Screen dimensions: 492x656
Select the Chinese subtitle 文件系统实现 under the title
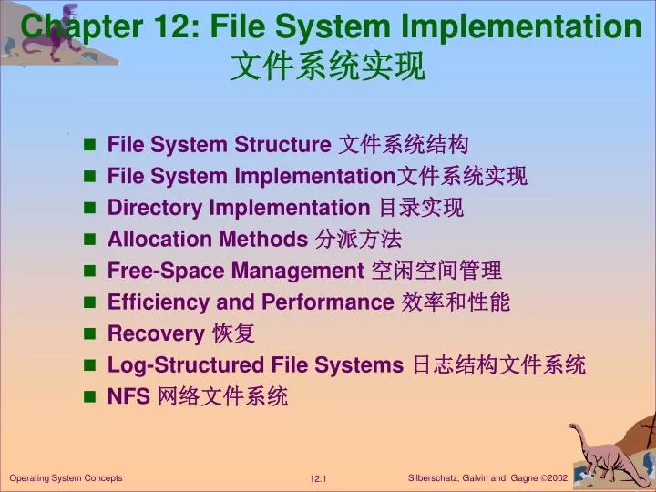click(328, 67)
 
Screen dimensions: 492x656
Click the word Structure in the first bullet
click(282, 145)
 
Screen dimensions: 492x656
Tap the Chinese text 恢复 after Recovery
click(233, 333)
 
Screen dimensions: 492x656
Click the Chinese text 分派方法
click(357, 240)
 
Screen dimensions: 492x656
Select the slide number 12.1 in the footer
click(318, 479)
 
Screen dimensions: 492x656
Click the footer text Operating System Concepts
click(66, 478)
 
